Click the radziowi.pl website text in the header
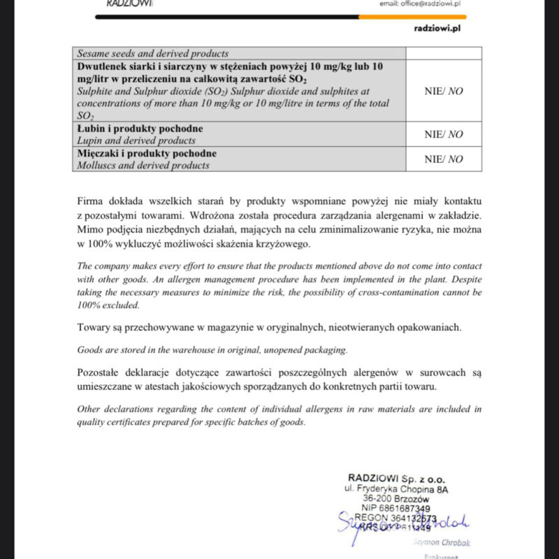437,29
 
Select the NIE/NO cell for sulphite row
443,90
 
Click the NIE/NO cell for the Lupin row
443,134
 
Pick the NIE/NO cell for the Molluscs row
443,159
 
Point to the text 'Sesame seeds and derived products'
152,53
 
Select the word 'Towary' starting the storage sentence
94,328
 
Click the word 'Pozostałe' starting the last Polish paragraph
100,372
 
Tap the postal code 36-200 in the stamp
378,498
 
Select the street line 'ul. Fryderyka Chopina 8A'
396,488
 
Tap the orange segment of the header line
412,16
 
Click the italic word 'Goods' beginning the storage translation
89,350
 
